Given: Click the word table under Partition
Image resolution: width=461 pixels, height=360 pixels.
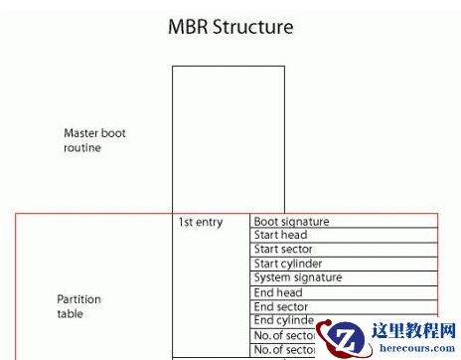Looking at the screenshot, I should pyautogui.click(x=71, y=314).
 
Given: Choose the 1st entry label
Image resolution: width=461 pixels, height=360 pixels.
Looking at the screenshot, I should pyautogui.click(x=200, y=222).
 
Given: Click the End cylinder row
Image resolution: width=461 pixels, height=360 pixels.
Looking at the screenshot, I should pyautogui.click(x=284, y=321).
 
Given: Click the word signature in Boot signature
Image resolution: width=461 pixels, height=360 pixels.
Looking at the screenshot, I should pyautogui.click(x=304, y=222).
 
